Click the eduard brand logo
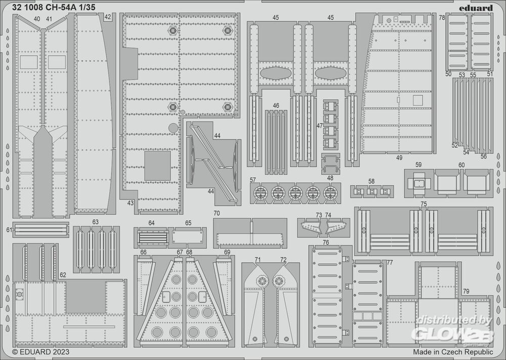coord(477,8)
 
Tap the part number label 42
coord(107,17)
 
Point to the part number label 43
coord(130,203)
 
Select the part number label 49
coord(399,157)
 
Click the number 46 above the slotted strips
coord(276,106)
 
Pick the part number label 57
coord(253,180)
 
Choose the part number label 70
coord(217,213)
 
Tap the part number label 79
coord(465,291)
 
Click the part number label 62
coord(63,275)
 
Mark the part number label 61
coord(9,230)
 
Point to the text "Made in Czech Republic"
coord(452,351)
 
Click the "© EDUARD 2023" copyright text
coord(41,351)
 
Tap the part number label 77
coord(390,262)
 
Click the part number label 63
coord(95,222)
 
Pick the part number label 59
coord(418,165)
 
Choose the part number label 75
coord(424,204)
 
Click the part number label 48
coord(330,178)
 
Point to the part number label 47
coord(320,125)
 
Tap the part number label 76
coord(326,243)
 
